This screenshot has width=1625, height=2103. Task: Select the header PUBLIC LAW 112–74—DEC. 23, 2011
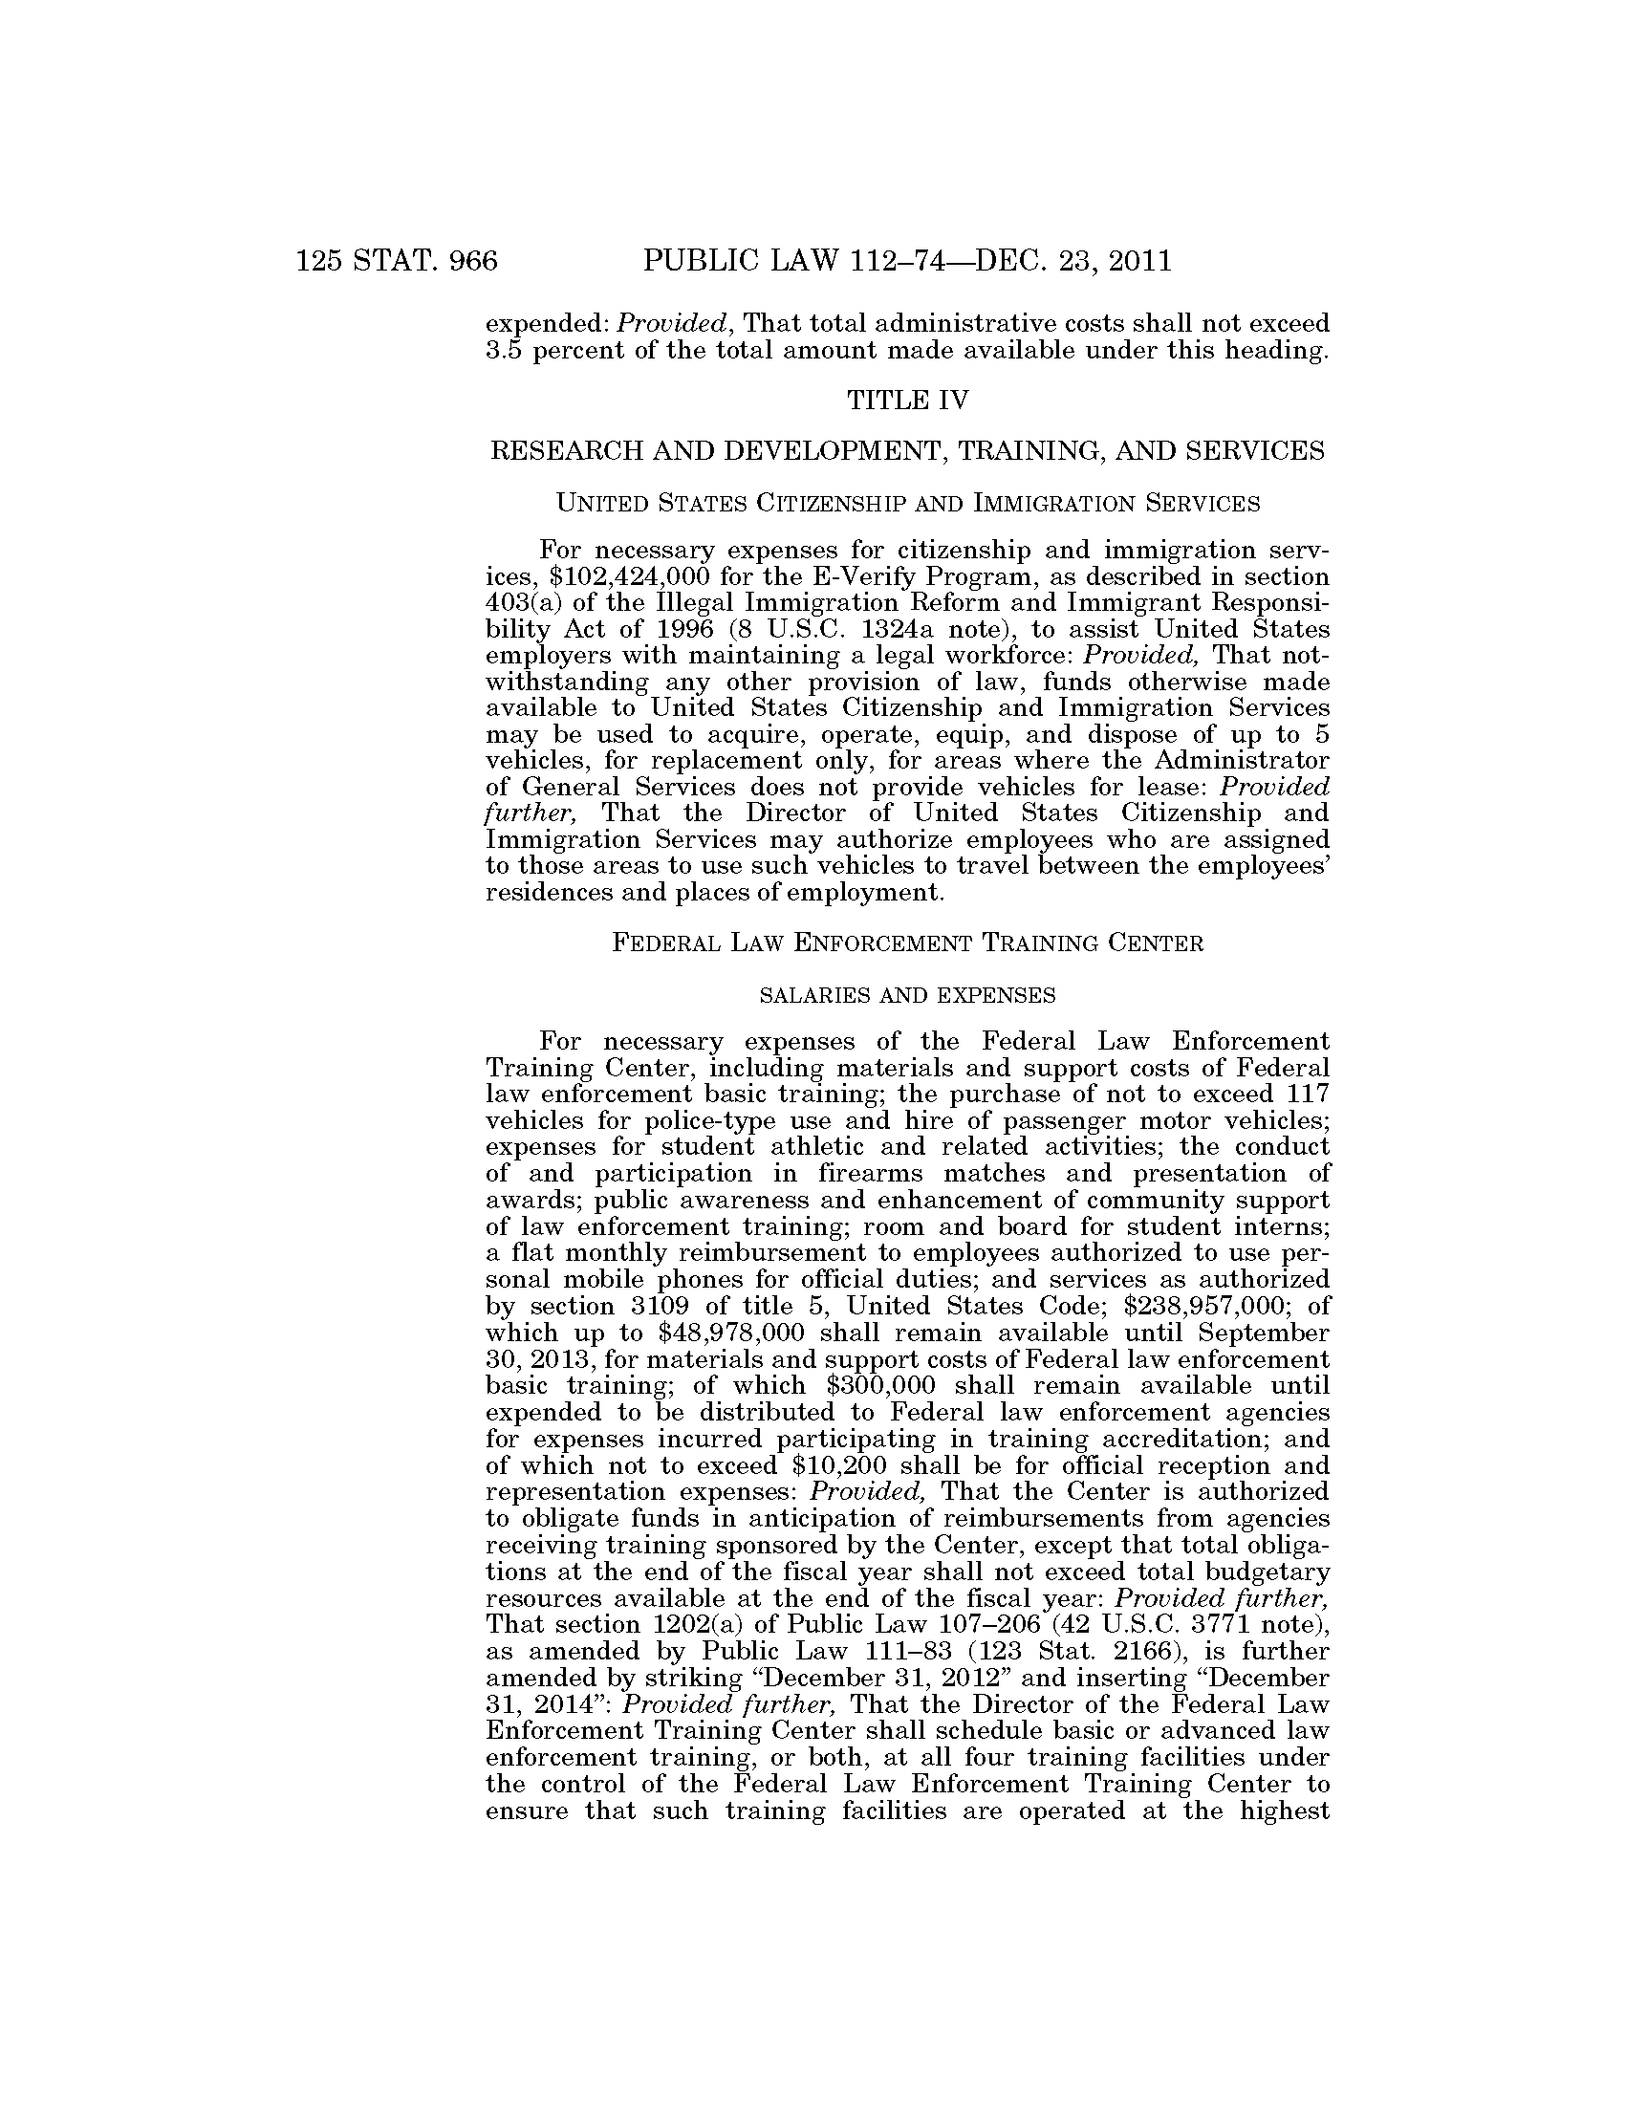point(906,261)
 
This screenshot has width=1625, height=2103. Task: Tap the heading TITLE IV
point(906,400)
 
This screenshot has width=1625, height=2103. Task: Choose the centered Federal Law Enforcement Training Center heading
point(908,943)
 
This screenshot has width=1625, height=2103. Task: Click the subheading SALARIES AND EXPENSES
point(908,996)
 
